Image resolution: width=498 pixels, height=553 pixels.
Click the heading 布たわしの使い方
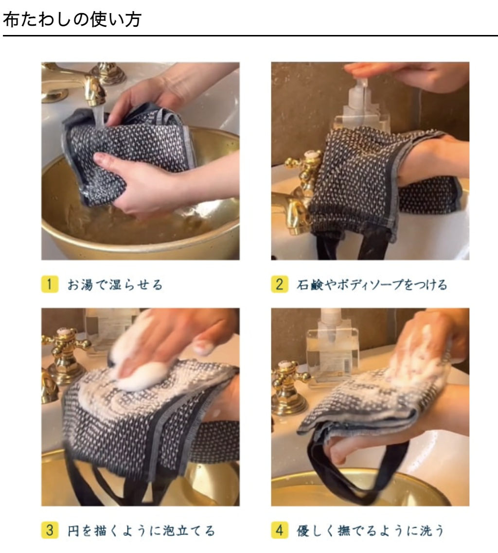(72, 19)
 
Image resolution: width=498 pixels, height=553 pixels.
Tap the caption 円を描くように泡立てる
(141, 530)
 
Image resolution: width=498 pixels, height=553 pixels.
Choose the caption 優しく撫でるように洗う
(371, 530)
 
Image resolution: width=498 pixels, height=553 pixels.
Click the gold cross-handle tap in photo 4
(289, 384)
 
